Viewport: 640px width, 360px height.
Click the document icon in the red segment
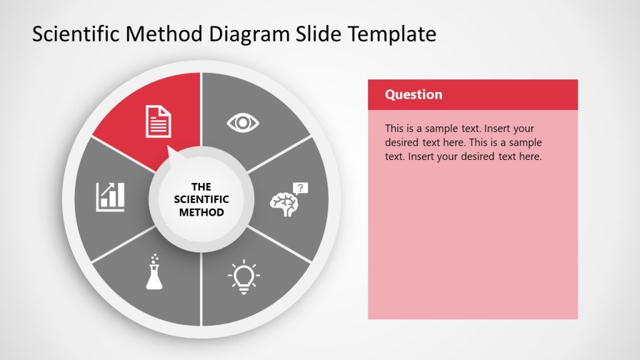click(158, 121)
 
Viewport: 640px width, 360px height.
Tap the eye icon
click(242, 122)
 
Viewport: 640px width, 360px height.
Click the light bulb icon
click(244, 276)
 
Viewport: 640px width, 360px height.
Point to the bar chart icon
click(111, 196)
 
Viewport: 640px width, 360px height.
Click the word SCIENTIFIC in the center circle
click(201, 199)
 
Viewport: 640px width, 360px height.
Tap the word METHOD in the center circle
click(201, 212)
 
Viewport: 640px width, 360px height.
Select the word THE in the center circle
click(201, 187)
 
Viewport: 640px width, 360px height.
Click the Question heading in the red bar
click(413, 94)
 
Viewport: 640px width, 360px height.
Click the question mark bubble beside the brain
click(301, 187)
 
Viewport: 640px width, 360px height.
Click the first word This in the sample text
click(394, 129)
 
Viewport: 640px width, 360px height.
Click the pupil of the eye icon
click(242, 122)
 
